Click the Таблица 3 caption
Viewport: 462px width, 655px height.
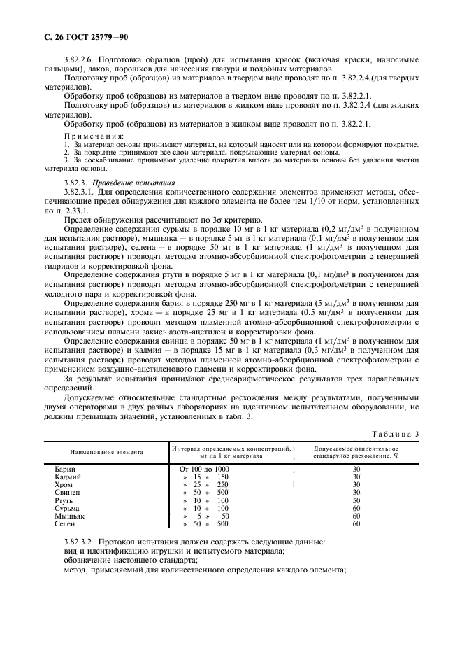pyautogui.click(x=395, y=435)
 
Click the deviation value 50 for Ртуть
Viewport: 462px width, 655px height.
pyautogui.click(x=356, y=500)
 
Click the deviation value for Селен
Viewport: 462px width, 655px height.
pyautogui.click(x=356, y=524)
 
